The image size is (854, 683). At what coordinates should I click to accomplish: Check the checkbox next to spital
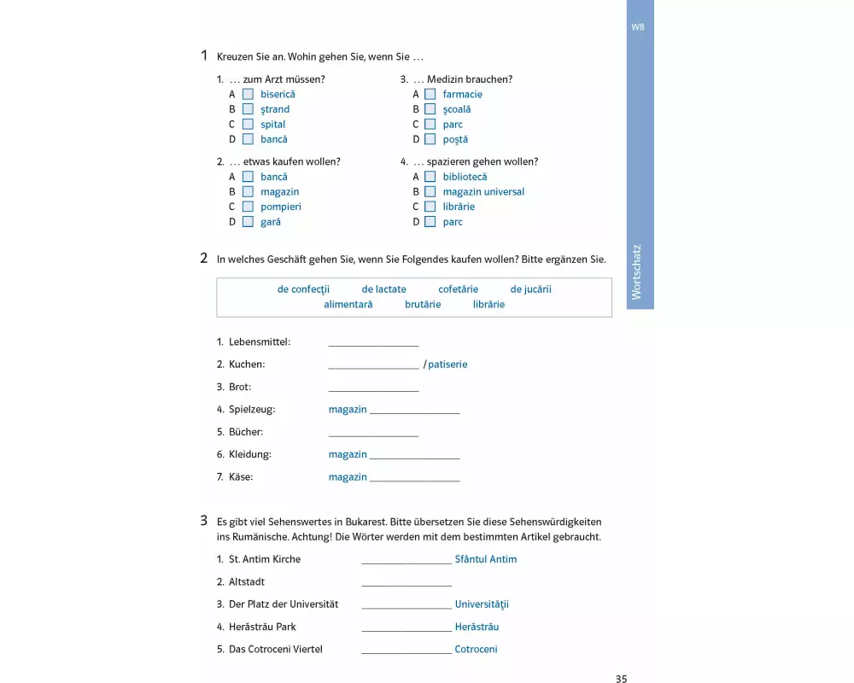(x=248, y=125)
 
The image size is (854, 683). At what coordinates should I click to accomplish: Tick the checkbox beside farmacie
(x=430, y=95)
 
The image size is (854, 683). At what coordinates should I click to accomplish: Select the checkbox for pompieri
(x=248, y=207)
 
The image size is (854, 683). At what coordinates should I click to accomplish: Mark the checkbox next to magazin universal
(x=430, y=192)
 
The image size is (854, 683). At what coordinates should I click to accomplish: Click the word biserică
(x=278, y=95)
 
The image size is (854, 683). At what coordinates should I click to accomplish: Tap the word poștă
(x=455, y=140)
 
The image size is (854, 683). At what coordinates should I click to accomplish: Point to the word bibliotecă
(x=465, y=178)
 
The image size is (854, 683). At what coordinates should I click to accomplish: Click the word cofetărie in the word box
(x=458, y=289)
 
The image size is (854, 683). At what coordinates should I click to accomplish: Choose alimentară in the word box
(x=348, y=305)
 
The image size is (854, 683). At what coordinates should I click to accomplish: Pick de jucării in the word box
(x=530, y=289)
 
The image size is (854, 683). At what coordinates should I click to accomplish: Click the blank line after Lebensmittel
(x=373, y=343)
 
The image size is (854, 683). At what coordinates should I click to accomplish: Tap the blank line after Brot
(x=373, y=388)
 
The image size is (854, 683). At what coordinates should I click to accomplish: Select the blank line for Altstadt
(x=407, y=583)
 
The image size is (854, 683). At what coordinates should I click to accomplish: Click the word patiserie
(x=447, y=365)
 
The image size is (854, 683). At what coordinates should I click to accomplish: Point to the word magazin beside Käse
(x=348, y=477)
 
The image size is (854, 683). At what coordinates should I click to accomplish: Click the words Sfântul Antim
(x=485, y=560)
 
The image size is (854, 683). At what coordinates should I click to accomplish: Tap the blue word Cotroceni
(x=476, y=650)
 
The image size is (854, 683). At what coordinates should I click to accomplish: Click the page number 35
(x=621, y=680)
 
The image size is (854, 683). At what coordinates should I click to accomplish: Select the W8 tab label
(x=638, y=27)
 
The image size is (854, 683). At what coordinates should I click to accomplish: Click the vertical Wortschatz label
(x=636, y=273)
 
